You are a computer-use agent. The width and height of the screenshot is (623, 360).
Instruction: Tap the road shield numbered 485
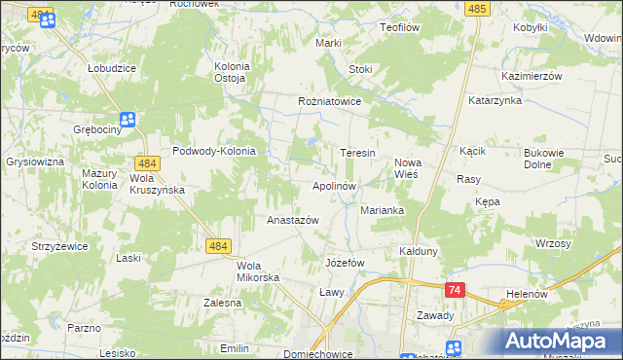(476, 8)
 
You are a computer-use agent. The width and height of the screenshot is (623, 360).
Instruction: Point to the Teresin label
(357, 154)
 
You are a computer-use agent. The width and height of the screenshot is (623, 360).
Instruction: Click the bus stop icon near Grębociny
(128, 120)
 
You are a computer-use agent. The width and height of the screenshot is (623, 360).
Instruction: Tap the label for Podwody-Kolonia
(213, 151)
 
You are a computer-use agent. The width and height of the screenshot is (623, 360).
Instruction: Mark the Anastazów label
(293, 220)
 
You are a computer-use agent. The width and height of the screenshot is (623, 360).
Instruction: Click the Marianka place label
(382, 209)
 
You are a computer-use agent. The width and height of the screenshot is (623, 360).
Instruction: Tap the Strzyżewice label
(59, 246)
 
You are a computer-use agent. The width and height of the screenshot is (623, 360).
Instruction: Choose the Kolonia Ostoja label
(232, 72)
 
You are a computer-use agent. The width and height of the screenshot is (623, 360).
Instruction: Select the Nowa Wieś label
(406, 168)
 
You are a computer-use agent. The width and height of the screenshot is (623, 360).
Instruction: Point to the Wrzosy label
(552, 243)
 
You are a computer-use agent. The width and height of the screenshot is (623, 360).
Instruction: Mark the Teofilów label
(405, 28)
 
